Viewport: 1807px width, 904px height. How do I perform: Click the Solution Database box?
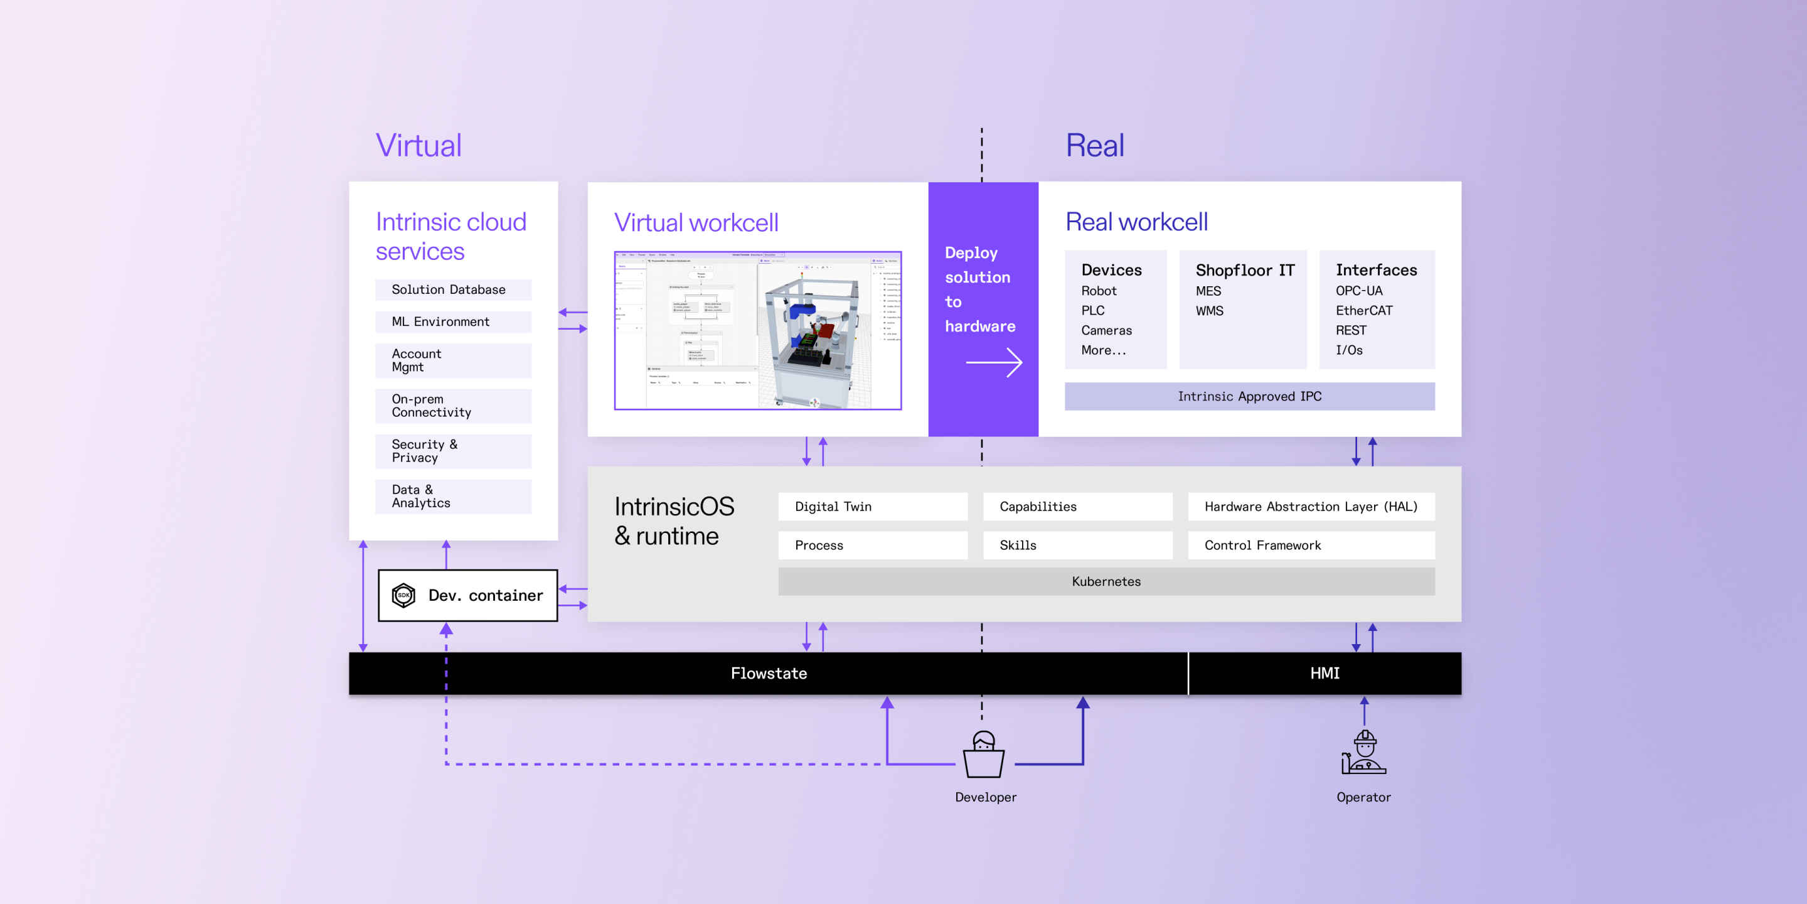click(453, 290)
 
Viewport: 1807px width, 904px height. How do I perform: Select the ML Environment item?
click(453, 321)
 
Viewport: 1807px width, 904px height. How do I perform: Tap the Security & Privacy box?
click(453, 451)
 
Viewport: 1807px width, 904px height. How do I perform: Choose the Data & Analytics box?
click(453, 496)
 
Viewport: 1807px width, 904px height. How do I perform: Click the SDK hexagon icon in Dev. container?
click(403, 595)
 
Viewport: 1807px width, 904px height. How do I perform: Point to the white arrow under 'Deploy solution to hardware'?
click(994, 362)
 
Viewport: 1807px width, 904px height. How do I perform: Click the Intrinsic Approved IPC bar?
click(1249, 397)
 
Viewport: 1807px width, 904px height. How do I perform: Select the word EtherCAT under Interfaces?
click(1363, 310)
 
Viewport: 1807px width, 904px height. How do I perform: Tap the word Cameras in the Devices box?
click(1106, 330)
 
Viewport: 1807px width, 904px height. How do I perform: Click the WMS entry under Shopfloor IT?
click(1209, 310)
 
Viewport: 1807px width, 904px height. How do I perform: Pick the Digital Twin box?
click(872, 507)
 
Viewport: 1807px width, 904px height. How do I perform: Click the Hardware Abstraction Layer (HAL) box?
click(1310, 507)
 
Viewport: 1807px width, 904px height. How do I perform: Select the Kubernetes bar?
click(1106, 581)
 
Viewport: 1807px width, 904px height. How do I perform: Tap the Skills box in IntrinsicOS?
click(1077, 546)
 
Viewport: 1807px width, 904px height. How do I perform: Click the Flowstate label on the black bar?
click(768, 673)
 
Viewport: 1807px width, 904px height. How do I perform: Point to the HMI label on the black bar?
click(1325, 673)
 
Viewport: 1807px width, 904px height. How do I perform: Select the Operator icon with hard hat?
click(1363, 753)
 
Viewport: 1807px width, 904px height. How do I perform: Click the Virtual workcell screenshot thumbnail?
click(757, 331)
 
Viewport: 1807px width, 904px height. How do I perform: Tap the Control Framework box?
click(1310, 546)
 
